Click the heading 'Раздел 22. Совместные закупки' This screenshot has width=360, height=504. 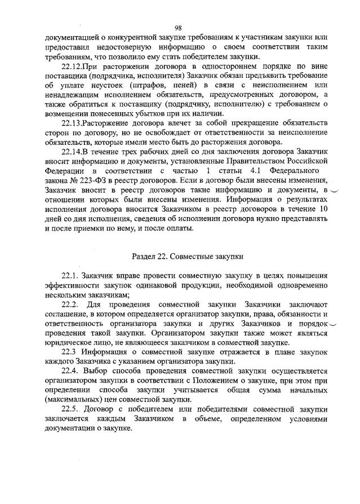(x=188, y=256)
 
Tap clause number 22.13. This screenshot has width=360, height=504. (x=73, y=123)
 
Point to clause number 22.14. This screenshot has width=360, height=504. (x=73, y=152)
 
